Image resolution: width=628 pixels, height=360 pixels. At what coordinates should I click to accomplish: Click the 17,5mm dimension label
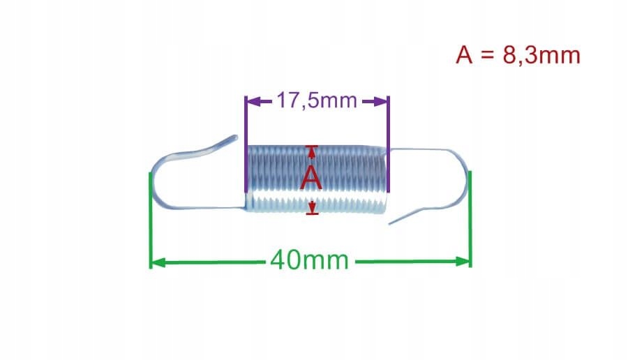[316, 101]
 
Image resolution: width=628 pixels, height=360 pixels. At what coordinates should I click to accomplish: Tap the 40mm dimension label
[309, 261]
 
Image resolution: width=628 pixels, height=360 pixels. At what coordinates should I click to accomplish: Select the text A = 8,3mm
[518, 55]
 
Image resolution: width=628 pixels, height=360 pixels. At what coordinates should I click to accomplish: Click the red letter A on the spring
[311, 179]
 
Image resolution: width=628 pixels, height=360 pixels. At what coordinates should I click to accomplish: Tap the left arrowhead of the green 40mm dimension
[157, 262]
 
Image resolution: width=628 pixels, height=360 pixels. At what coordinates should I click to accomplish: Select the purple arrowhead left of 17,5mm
[253, 102]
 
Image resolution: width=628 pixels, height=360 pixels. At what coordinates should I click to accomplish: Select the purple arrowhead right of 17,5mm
[380, 102]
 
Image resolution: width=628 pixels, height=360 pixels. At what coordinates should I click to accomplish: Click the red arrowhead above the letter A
[312, 150]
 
